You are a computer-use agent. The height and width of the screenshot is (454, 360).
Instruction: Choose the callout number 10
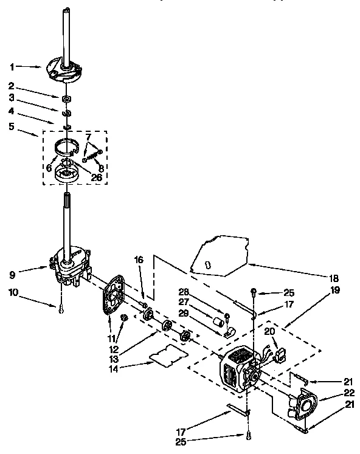[x=13, y=293]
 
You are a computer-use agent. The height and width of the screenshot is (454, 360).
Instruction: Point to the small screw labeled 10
[x=61, y=311]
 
